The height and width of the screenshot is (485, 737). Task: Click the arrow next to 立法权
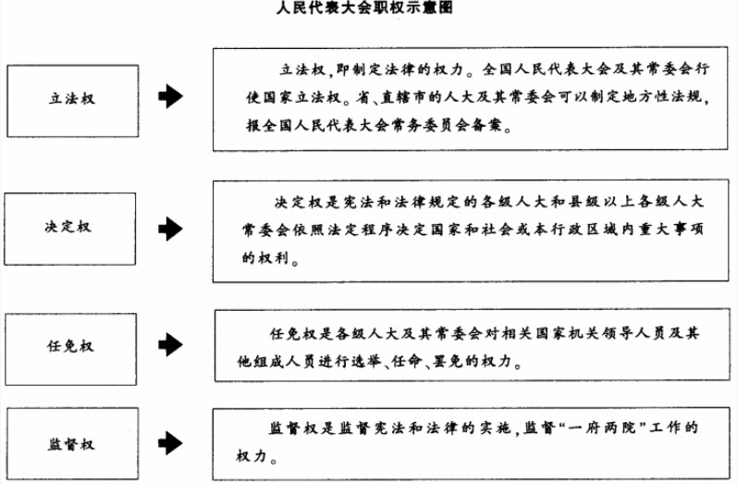170,96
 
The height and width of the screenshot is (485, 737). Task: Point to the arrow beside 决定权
170,228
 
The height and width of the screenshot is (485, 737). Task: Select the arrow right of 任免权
170,345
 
